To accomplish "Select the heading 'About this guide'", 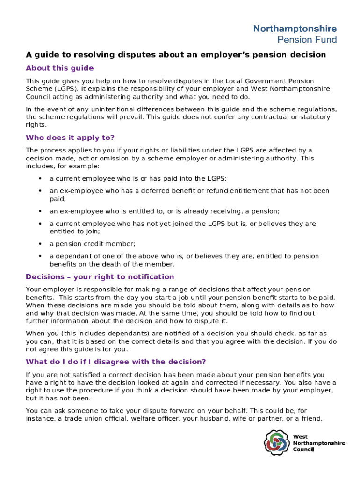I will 60,68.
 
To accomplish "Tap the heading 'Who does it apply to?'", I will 70,138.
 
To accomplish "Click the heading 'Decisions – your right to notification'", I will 100,277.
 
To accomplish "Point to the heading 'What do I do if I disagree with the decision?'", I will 116,362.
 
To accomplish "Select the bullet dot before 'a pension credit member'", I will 40,244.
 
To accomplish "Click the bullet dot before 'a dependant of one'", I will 40,256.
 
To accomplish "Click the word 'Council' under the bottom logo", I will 304,450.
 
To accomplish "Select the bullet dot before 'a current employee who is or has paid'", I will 40,178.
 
